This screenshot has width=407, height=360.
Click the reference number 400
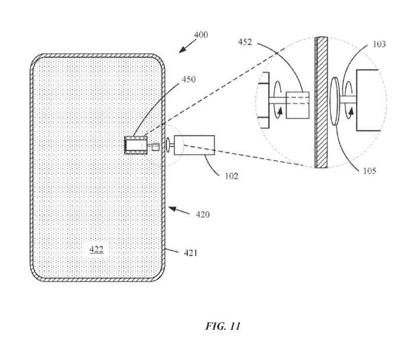click(200, 35)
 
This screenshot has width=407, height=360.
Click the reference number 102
click(231, 177)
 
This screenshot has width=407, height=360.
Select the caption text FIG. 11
click(223, 326)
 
